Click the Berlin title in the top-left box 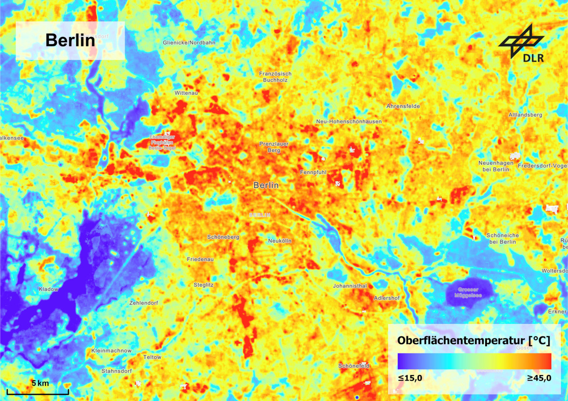point(70,41)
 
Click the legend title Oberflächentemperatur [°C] point(473,340)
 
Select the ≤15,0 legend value point(410,378)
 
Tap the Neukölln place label point(280,241)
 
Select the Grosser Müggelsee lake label point(468,293)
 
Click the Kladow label point(48,289)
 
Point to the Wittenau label point(186,93)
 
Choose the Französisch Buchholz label point(275,77)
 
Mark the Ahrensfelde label point(403,106)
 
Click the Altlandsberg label point(525,115)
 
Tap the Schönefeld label point(354,366)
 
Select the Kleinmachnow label point(111,351)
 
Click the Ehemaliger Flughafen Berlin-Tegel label point(162,142)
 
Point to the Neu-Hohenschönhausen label point(349,122)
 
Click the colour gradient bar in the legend point(474,361)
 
